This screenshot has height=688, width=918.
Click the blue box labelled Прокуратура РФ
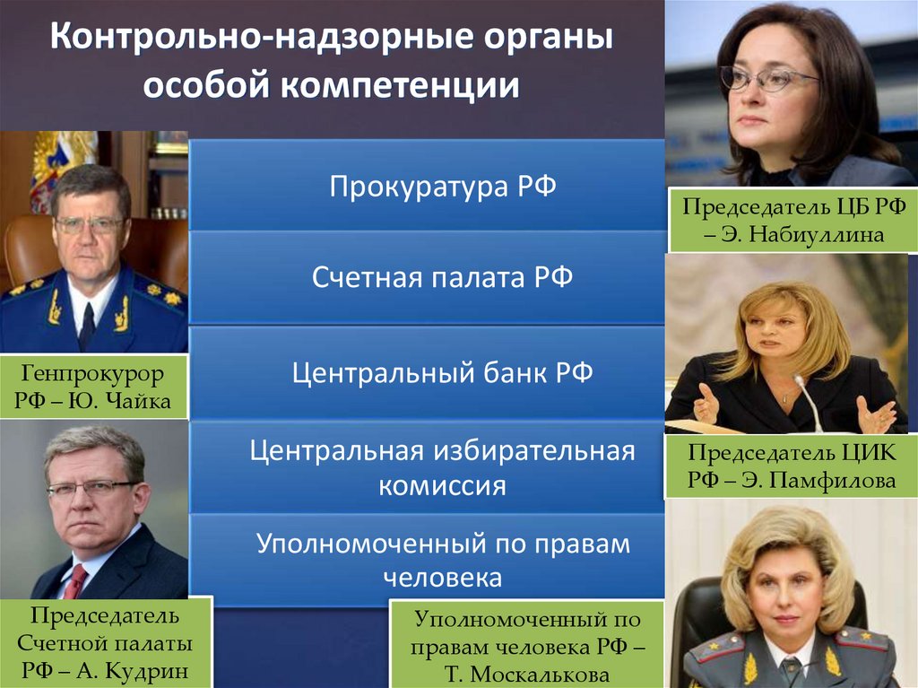427,185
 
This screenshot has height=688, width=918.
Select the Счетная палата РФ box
427,276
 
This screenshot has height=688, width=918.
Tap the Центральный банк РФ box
427,372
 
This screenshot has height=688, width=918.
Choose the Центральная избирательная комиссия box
427,467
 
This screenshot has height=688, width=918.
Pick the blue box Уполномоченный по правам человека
427,560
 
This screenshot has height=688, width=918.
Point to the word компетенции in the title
401,85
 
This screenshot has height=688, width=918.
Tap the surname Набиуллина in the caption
817,234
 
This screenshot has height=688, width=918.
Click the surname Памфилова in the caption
833,480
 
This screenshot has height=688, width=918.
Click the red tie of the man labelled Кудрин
75,581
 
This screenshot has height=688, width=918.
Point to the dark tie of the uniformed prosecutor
87,326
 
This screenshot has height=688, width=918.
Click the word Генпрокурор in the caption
92,374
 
